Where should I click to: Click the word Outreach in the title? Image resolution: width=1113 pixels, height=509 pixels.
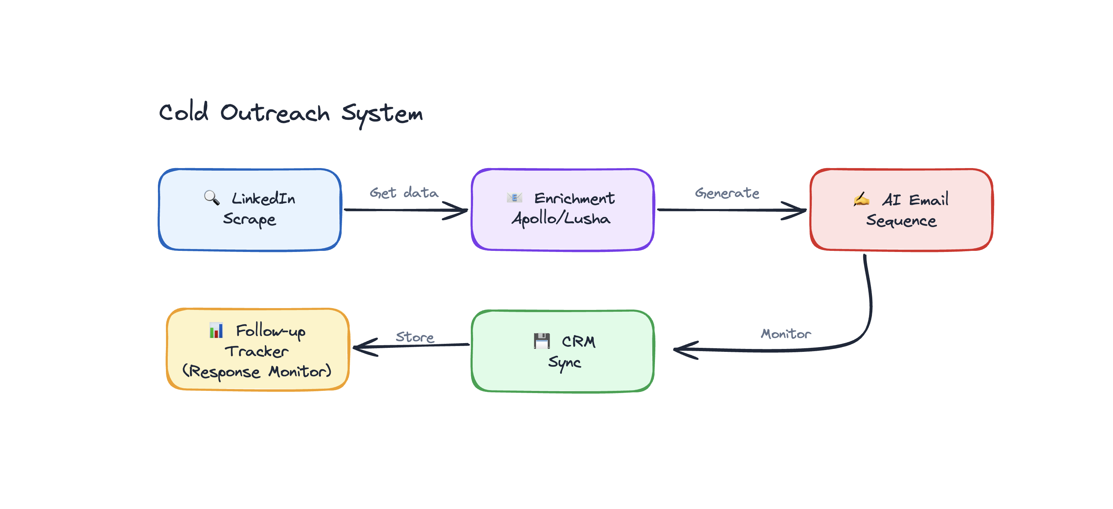(x=275, y=113)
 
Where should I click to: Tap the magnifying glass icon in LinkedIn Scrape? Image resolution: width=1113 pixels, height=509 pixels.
(x=211, y=198)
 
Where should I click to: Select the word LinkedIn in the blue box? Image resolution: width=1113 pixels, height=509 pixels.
(x=263, y=199)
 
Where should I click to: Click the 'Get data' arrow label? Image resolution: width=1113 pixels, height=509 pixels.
(x=404, y=193)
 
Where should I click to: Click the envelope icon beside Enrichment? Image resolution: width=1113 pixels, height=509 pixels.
(x=514, y=198)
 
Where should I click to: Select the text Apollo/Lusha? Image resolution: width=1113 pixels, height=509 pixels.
(x=561, y=219)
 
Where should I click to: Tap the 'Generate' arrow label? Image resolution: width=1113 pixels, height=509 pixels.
(x=727, y=193)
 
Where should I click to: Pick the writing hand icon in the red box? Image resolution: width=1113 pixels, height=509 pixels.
(x=861, y=199)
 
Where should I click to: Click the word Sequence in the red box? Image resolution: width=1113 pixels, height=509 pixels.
(x=901, y=221)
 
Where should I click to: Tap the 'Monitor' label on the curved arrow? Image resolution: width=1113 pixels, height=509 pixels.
(x=786, y=334)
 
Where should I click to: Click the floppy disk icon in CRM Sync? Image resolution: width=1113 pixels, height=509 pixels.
(x=542, y=341)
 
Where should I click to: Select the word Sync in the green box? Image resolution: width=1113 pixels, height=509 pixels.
(x=564, y=362)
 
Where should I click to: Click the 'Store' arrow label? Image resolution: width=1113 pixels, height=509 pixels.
(x=415, y=337)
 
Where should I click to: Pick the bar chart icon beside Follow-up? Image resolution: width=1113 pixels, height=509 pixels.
(x=216, y=331)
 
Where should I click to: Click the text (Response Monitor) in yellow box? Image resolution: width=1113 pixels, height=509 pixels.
(x=257, y=372)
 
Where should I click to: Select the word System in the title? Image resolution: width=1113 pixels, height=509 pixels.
(x=382, y=114)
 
